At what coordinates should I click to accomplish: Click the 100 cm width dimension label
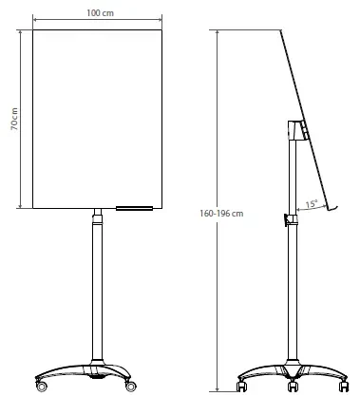[100, 13]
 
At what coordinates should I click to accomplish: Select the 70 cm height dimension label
[14, 119]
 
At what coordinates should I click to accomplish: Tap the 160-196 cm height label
[221, 214]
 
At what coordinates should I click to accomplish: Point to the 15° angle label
[312, 204]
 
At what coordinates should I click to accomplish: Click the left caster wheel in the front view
[42, 386]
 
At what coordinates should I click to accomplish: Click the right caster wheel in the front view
[130, 386]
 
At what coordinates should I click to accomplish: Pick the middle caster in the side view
[293, 387]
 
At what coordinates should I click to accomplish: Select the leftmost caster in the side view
[241, 387]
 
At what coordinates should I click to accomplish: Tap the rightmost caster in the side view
[344, 387]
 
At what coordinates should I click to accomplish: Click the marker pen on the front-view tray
[134, 208]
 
